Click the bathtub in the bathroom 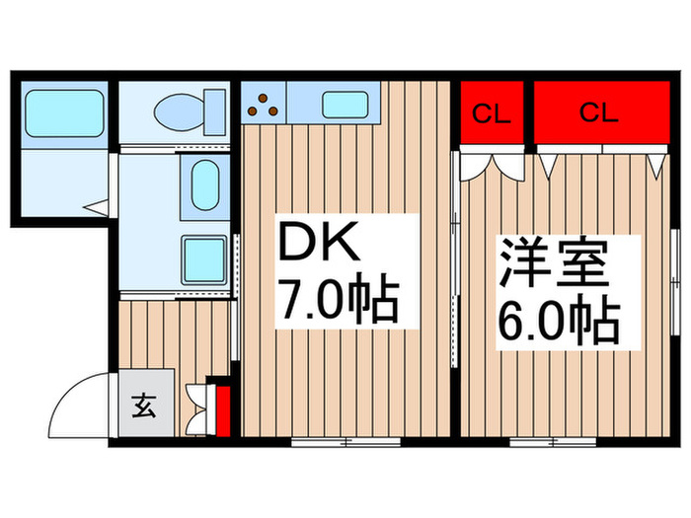[x=64, y=113]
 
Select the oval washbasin [x=206, y=186]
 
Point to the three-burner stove [x=264, y=103]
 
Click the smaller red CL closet [x=490, y=112]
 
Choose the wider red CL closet [x=597, y=112]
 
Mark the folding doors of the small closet [x=490, y=161]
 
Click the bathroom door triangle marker [x=96, y=209]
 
